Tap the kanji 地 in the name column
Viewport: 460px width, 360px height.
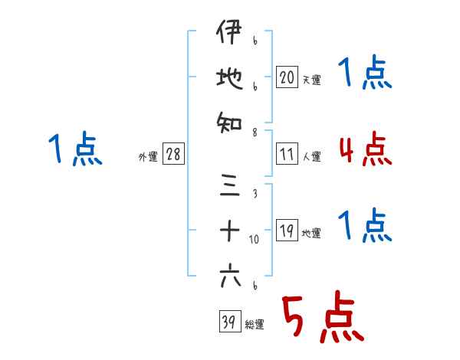tap(229, 78)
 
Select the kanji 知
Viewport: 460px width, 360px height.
tap(229, 119)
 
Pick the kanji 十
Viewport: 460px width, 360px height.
tap(229, 231)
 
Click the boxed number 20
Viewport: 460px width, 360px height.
tap(287, 77)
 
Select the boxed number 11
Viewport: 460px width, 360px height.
tap(287, 154)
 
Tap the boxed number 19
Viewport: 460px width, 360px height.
tap(287, 231)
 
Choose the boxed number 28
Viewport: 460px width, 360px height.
tap(173, 155)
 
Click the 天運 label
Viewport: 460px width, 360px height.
tap(310, 79)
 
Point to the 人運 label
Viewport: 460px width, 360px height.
tap(310, 156)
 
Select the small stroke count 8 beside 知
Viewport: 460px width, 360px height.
tap(254, 131)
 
